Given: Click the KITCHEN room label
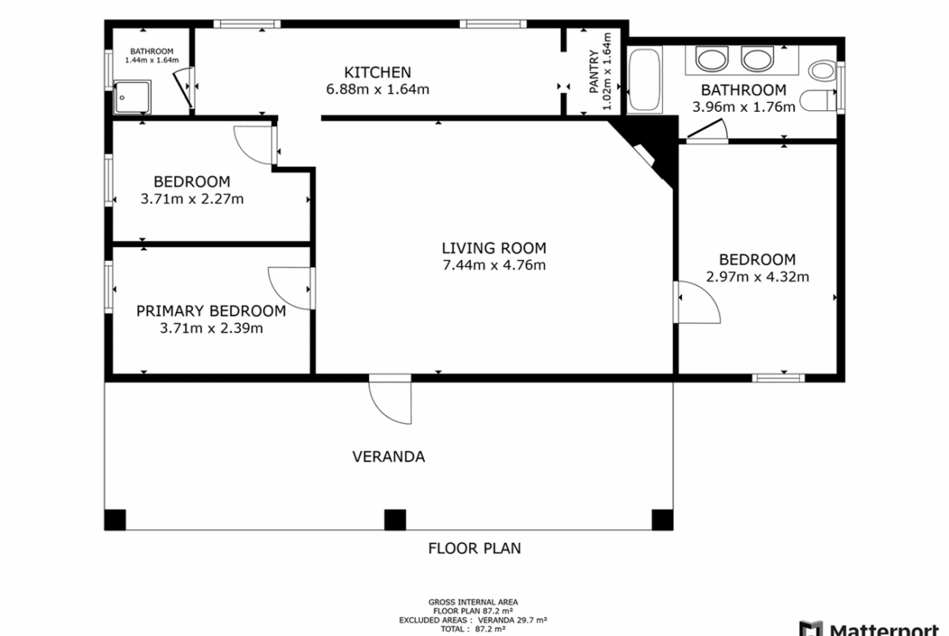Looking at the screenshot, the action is point(378,73).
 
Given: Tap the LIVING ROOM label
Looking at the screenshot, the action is point(494,248).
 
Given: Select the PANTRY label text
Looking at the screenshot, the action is point(595,71).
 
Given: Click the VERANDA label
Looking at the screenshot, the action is point(389,456).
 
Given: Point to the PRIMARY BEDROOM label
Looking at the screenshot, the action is point(211,311).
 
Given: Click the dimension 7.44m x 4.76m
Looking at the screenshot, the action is point(495,265).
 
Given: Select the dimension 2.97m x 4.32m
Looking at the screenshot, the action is point(757,277).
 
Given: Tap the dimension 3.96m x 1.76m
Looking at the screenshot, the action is point(744,107).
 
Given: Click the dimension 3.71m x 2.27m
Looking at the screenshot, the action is point(192,198).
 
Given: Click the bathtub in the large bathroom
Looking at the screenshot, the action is point(645,80).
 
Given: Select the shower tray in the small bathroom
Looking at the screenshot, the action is point(132,97).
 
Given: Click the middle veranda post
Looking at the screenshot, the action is point(395,520).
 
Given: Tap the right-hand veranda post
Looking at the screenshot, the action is point(662,520).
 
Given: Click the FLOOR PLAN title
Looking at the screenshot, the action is point(474,548).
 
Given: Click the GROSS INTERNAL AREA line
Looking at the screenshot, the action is point(474,602).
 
